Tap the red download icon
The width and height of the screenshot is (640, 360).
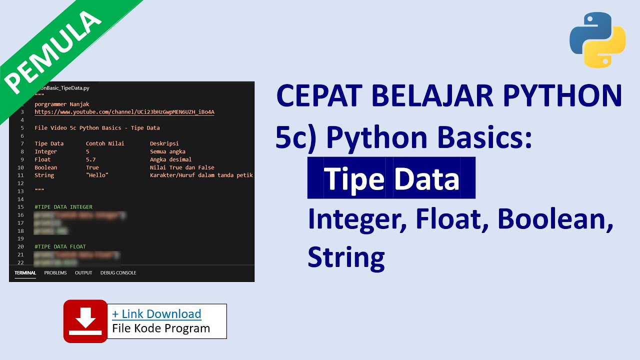pos(85,321)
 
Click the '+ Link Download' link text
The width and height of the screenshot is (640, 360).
pos(156,314)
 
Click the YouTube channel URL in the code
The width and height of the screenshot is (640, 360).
pos(124,112)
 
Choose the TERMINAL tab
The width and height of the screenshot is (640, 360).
pos(25,273)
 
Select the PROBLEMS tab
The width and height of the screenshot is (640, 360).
pos(55,273)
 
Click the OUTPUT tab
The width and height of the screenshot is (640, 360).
pos(83,273)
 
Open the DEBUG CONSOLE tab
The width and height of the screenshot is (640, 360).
pos(118,273)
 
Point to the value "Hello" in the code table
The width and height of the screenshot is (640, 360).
pos(97,175)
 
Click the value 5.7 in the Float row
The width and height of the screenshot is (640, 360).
pos(90,159)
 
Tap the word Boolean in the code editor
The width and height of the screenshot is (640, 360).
pos(45,167)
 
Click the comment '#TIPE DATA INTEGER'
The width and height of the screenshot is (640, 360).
pos(63,207)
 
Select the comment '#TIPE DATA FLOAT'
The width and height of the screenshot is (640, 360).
pos(60,246)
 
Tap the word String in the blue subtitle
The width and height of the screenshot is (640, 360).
pos(346,257)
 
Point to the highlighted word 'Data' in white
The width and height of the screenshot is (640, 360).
pos(426,179)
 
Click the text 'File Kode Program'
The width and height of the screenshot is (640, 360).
pos(161,328)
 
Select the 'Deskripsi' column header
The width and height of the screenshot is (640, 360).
pos(164,143)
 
